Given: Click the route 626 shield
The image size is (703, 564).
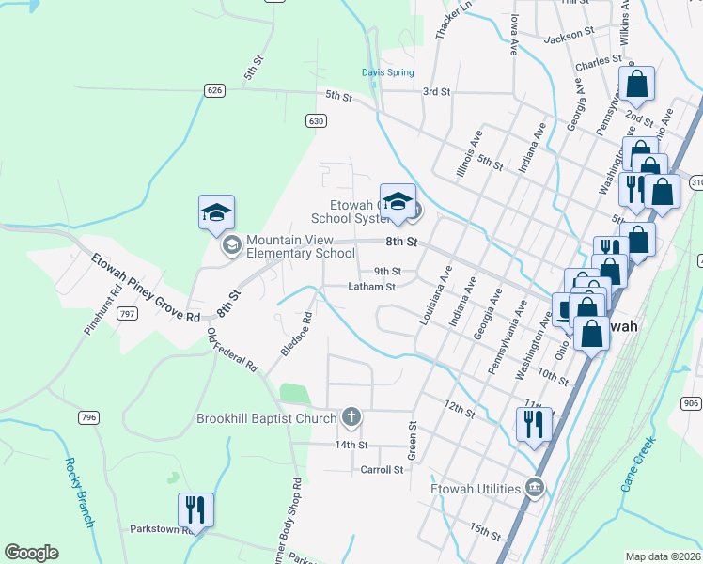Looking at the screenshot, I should [x=214, y=90].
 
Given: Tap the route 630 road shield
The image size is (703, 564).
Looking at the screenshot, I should [x=315, y=120].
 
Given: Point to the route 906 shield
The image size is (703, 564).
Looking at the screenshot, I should [x=691, y=403].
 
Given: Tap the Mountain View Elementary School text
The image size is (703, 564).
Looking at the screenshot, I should [x=301, y=246].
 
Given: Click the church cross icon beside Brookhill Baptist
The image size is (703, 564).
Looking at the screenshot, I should [x=351, y=416].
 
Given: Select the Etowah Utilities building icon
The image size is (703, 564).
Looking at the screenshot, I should [x=535, y=488].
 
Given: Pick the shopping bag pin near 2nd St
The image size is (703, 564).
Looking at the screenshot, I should [x=636, y=84].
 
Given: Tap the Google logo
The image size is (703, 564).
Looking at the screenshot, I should [x=31, y=552].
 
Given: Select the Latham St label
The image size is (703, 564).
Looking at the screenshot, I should [x=371, y=287].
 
